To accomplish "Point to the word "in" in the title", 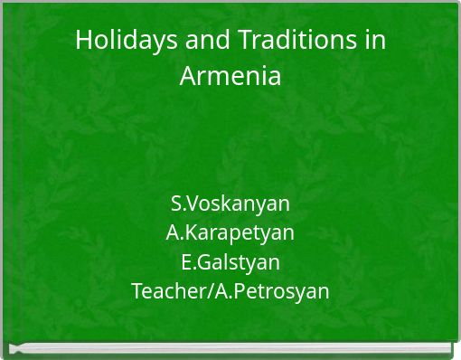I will click(377, 41).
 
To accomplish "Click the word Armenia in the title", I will click(230, 76).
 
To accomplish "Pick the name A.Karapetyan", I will click(230, 232).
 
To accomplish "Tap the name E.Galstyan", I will click(230, 262).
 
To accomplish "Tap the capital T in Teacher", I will click(136, 292).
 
